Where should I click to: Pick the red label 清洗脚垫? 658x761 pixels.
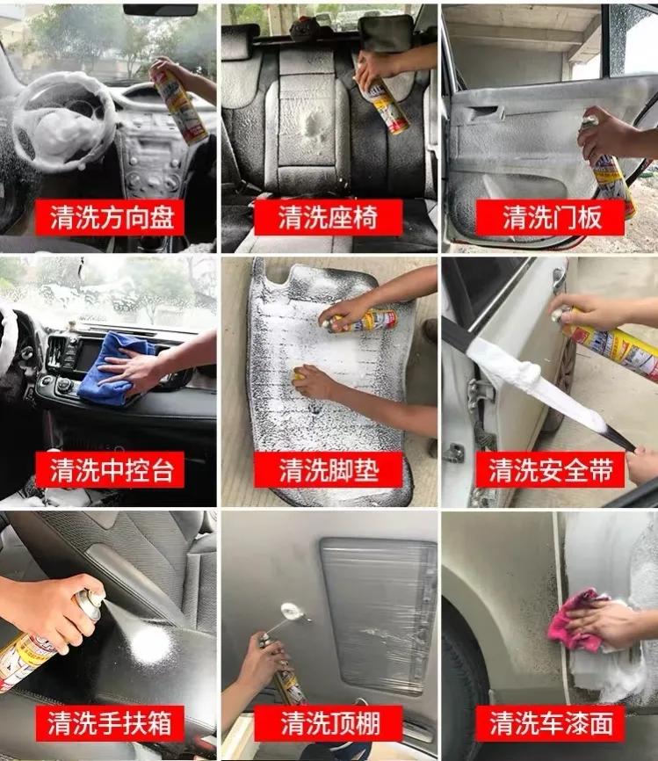pos(328,470)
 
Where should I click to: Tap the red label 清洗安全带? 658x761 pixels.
pos(550,470)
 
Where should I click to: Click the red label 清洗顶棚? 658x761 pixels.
pos(328,724)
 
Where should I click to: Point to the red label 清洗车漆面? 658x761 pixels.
pos(550,724)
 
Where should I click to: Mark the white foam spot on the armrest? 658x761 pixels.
pos(149,646)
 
